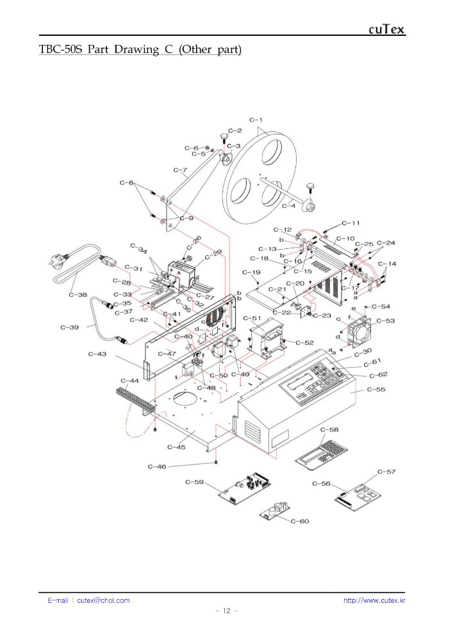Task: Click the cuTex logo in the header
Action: point(386,29)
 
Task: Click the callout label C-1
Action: point(256,120)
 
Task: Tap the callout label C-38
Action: point(78,295)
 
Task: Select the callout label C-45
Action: point(176,446)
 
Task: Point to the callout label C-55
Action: point(376,389)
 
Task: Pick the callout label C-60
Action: point(300,521)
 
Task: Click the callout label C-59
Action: point(194,481)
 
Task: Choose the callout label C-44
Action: point(129,381)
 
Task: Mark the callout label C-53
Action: point(385,321)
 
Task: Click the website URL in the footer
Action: point(374,600)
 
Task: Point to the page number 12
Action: point(227,611)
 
